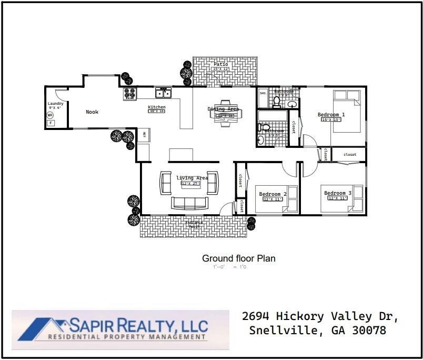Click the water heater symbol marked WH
coord(50,115)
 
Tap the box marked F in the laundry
coord(51,123)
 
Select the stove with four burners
coord(130,94)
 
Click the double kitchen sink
coord(164,94)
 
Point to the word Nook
coord(92,112)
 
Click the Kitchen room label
coord(156,107)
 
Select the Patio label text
coord(221,64)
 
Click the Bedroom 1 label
coord(331,114)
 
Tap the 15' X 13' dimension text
coord(331,120)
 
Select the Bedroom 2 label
coord(273,194)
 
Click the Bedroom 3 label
coord(338,193)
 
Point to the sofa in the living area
coord(190,203)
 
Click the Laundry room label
coord(55,104)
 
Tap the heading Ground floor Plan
coord(238,258)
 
